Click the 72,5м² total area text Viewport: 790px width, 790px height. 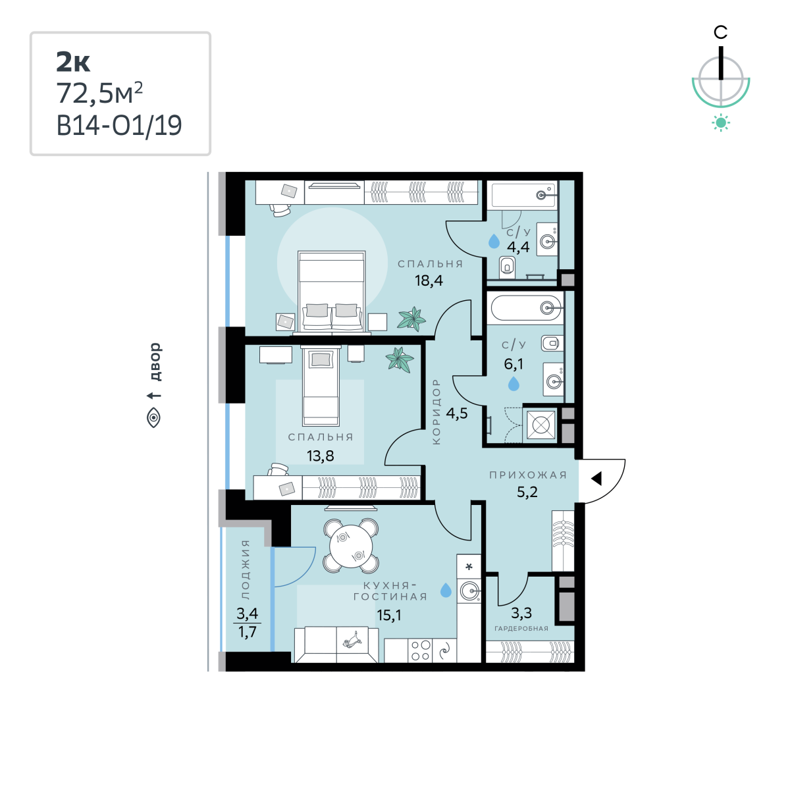(x=99, y=93)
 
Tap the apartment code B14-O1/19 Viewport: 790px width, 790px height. (x=119, y=126)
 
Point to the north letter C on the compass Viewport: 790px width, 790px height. (x=720, y=32)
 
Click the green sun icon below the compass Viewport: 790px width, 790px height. (x=721, y=123)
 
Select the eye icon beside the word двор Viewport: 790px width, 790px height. (x=154, y=418)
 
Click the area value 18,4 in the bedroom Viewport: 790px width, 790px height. (x=429, y=281)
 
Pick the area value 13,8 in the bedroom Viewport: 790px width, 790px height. (x=320, y=456)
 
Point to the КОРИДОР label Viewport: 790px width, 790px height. (x=436, y=411)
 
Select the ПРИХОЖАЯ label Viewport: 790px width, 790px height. (x=528, y=475)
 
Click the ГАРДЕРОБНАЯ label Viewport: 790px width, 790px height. (x=521, y=629)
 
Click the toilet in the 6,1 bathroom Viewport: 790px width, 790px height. (x=552, y=343)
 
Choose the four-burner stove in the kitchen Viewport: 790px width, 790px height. (x=421, y=650)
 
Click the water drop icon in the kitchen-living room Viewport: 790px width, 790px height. (x=446, y=590)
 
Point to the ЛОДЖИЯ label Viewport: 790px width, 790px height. (x=245, y=569)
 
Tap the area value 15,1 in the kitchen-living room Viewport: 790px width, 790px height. (x=389, y=615)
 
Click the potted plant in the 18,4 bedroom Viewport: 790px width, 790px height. (x=411, y=319)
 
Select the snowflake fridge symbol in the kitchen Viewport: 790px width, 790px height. (x=469, y=567)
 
